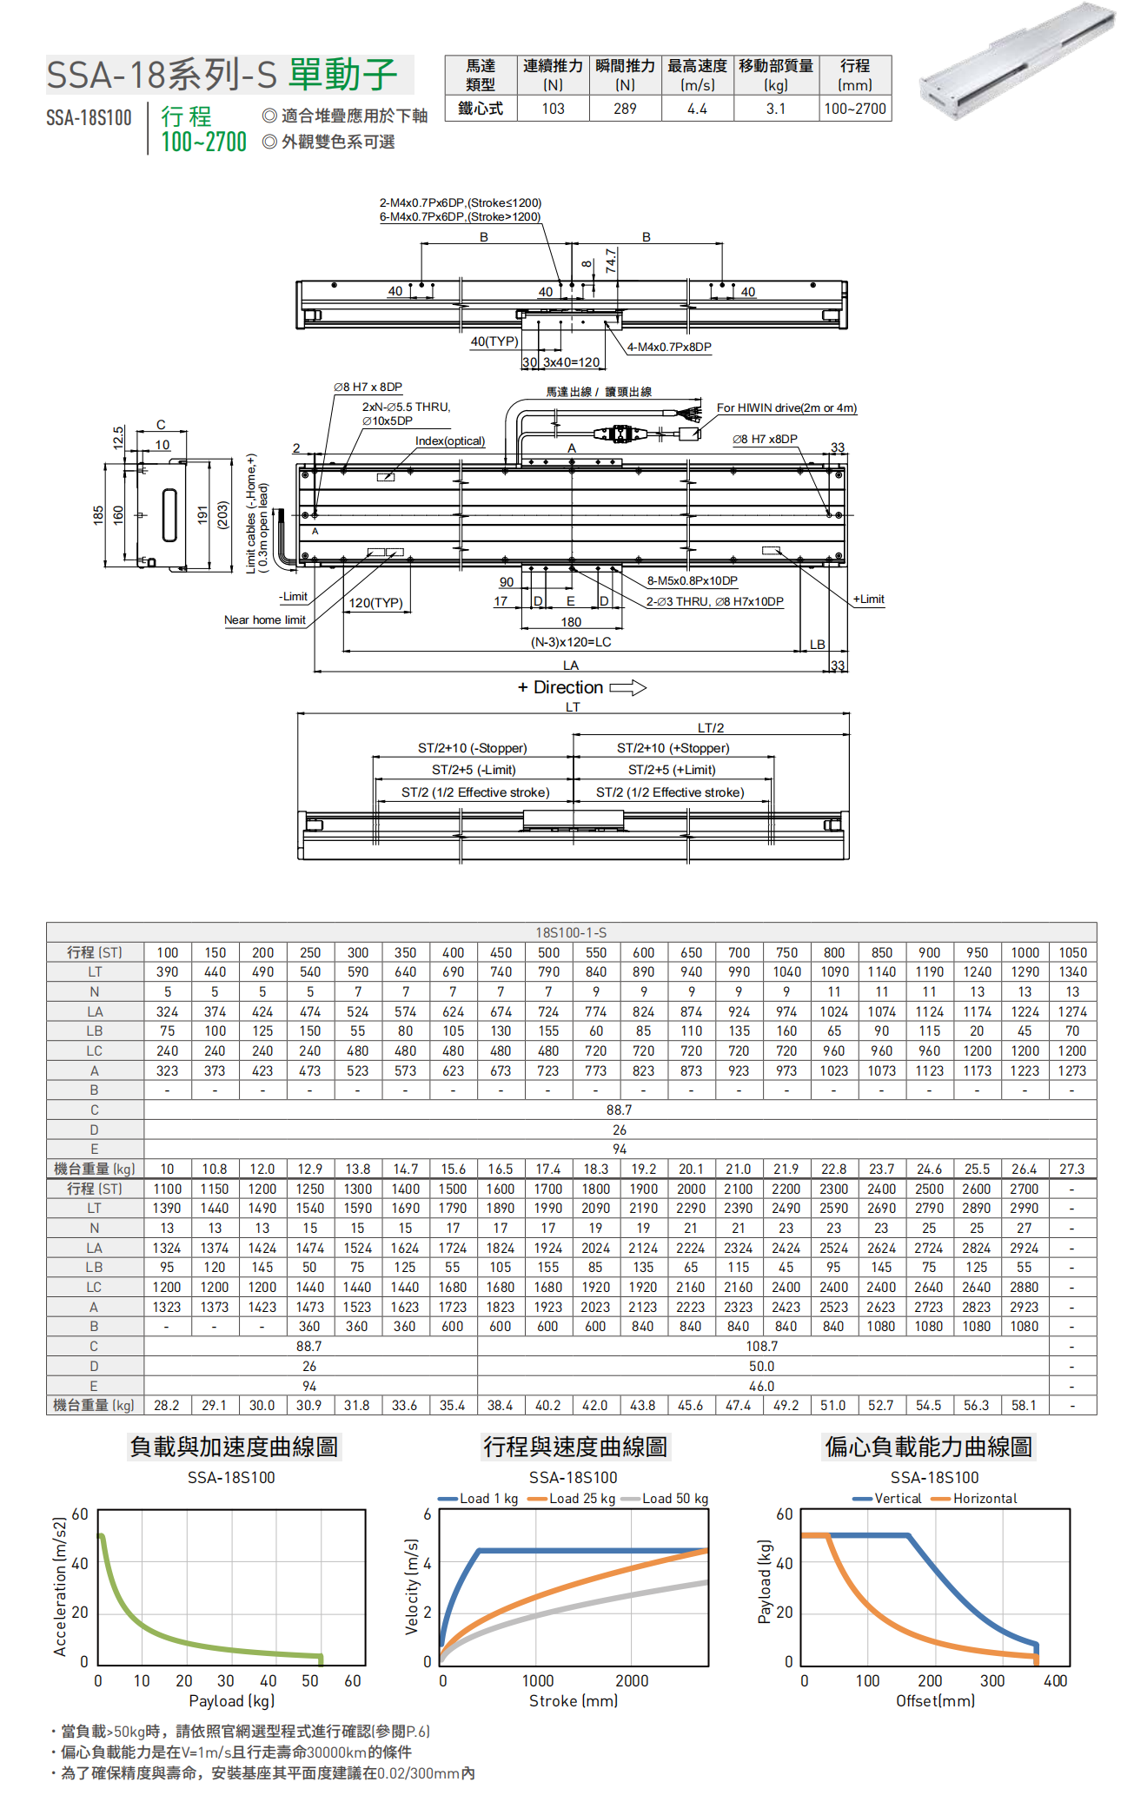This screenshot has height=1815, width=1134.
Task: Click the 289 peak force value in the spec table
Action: tap(625, 109)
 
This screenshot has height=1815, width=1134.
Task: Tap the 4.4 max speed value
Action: tap(697, 109)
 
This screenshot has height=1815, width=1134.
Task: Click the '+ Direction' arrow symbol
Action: tap(628, 688)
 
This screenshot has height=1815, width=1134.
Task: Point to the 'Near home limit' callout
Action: tap(265, 620)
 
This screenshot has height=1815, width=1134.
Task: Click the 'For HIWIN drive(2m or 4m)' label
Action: tap(786, 407)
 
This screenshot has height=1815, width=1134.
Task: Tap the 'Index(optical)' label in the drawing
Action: tap(450, 441)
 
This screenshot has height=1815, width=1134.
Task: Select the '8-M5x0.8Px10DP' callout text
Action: tap(692, 580)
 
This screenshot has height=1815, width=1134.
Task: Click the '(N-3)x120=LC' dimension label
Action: tap(571, 642)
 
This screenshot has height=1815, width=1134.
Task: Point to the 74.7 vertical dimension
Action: tap(611, 261)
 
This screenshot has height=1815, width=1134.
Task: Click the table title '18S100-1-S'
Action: tap(571, 932)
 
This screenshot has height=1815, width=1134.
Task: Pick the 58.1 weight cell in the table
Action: tap(1024, 1405)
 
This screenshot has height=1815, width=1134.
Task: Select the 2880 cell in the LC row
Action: tap(1024, 1287)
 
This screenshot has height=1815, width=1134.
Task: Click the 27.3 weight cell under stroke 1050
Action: tap(1071, 1169)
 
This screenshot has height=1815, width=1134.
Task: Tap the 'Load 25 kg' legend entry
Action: tap(571, 1499)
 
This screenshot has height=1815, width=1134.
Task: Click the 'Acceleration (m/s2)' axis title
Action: tap(60, 1586)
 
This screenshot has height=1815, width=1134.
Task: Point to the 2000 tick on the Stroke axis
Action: tap(632, 1681)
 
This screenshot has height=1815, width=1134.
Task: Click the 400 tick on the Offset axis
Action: tap(1055, 1681)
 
